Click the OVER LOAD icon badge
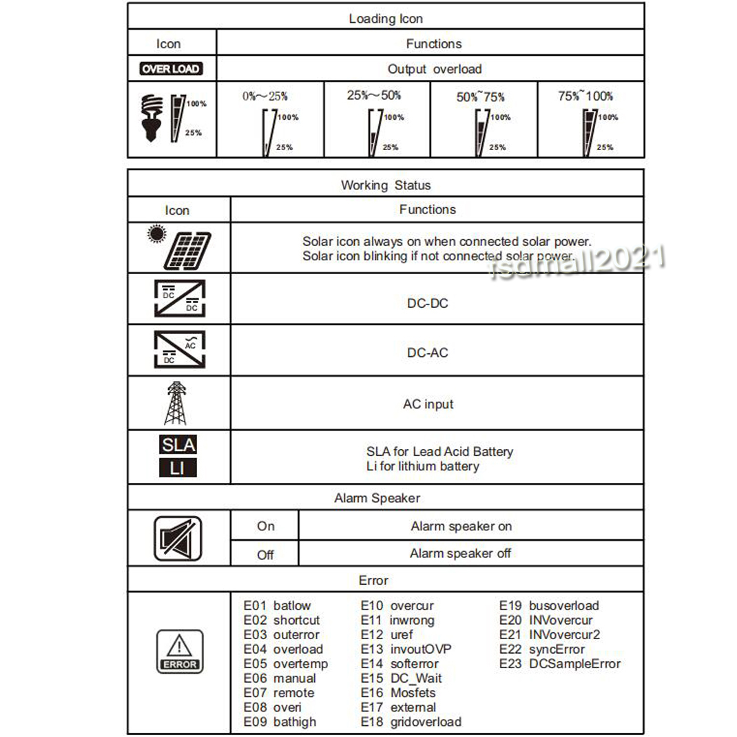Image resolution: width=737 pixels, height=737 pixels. click(170, 69)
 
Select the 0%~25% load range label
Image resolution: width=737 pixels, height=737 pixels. click(265, 96)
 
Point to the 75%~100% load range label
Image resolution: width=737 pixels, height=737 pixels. click(585, 96)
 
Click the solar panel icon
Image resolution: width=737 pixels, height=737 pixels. click(180, 247)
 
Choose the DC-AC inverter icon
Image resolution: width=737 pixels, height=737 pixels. click(178, 349)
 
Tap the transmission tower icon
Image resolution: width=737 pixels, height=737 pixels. click(176, 403)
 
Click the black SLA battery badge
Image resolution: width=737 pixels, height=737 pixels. click(178, 445)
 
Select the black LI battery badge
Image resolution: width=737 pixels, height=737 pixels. click(178, 468)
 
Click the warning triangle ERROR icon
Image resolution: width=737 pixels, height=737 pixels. click(179, 651)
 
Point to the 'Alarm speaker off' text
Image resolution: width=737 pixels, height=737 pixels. click(460, 553)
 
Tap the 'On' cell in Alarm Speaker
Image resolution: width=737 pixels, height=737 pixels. click(265, 526)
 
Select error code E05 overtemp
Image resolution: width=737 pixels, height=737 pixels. click(285, 664)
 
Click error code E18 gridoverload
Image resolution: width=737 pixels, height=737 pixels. click(411, 722)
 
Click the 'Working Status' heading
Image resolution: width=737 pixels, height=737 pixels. click(386, 185)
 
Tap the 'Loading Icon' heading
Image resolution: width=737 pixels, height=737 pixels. click(386, 19)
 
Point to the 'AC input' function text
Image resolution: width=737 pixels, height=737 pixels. click(428, 404)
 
